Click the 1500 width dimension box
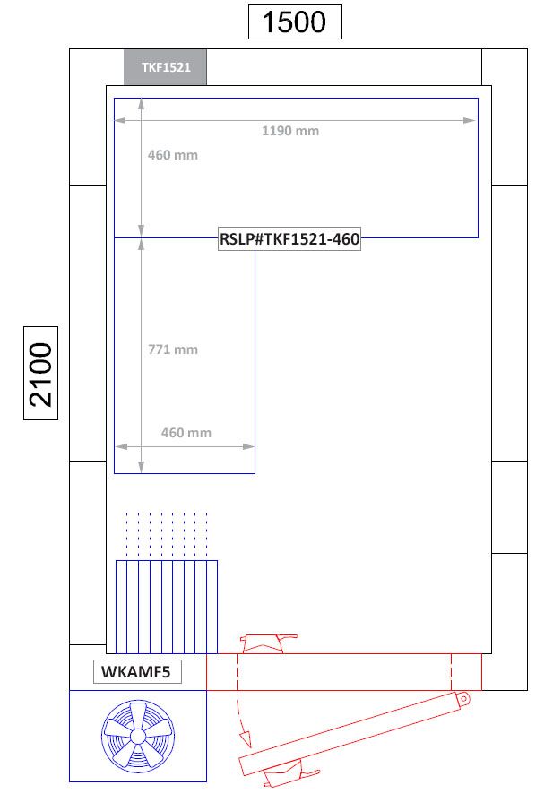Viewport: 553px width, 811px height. tap(295, 22)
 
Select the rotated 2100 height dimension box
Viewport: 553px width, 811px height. tap(40, 374)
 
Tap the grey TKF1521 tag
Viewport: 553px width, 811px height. tap(165, 67)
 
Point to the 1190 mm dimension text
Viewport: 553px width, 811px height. tap(289, 131)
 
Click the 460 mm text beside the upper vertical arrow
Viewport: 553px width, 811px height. tap(173, 155)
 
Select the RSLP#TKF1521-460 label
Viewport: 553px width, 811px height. tap(289, 239)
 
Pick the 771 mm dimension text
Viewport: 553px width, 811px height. tap(173, 349)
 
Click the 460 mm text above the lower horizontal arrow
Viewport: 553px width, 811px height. tap(186, 433)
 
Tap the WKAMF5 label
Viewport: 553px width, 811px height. tap(136, 672)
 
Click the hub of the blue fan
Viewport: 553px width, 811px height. tap(137, 736)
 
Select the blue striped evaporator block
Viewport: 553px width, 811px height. tap(167, 607)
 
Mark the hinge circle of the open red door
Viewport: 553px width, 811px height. tap(462, 698)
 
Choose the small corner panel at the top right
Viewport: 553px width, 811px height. tap(504, 67)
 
